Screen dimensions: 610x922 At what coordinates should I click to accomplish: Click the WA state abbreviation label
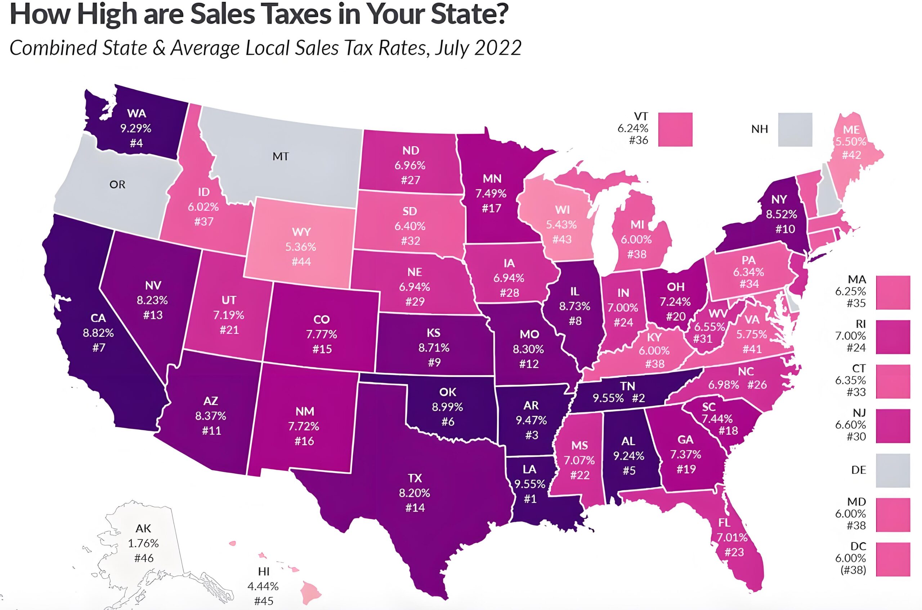click(136, 113)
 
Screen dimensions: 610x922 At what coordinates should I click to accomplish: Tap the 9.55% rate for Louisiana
click(530, 484)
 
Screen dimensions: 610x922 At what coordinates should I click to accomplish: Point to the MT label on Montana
click(281, 156)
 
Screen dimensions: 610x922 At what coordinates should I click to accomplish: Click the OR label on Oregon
click(117, 185)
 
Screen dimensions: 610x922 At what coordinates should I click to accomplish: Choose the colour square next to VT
click(675, 129)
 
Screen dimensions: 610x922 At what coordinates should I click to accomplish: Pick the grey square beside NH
click(795, 129)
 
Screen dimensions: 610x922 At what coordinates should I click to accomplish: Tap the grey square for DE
click(893, 470)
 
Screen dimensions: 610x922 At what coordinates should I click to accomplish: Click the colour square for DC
click(893, 559)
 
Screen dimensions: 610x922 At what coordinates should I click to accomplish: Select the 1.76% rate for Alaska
click(143, 543)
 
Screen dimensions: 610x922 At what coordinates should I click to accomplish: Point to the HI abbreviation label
click(264, 572)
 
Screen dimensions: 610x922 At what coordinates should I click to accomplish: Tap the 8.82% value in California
click(98, 333)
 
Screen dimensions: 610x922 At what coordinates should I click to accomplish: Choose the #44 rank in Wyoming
click(301, 261)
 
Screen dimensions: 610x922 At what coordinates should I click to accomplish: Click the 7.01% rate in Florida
click(732, 537)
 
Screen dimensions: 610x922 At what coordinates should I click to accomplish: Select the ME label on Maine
click(851, 129)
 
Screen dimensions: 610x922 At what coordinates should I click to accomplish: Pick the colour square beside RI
click(893, 337)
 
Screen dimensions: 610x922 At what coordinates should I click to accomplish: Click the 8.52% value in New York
click(782, 214)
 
